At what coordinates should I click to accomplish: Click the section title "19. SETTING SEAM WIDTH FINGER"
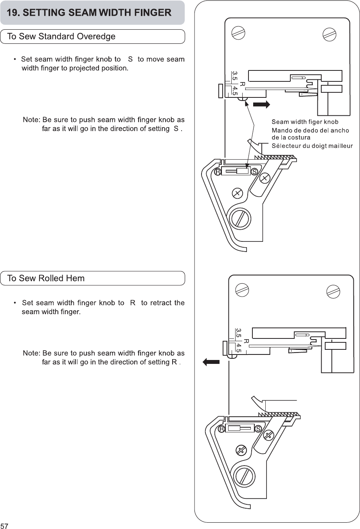click(89, 13)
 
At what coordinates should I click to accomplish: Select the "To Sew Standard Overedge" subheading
click(61, 37)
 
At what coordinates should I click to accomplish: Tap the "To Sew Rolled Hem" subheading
click(46, 279)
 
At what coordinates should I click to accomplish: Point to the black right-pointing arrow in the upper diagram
click(261, 104)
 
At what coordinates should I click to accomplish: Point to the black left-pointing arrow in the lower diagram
click(211, 362)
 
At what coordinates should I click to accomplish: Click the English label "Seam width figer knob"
click(305, 122)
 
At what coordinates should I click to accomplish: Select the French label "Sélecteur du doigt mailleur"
click(312, 146)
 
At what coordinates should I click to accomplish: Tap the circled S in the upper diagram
click(254, 172)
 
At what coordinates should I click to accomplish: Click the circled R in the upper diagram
click(217, 172)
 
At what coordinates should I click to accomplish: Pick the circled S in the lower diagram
click(258, 429)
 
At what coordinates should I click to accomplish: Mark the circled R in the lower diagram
click(221, 429)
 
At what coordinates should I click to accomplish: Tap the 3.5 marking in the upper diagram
click(234, 76)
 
